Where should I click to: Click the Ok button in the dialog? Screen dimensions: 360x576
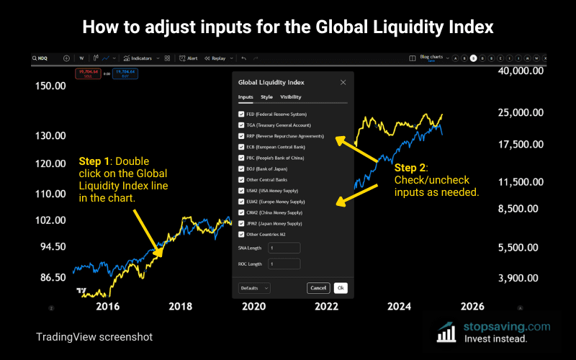tap(340, 288)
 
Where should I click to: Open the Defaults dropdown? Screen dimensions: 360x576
tap(254, 288)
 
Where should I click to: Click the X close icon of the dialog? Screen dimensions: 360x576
tap(342, 83)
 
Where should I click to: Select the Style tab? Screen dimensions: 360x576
tap(266, 96)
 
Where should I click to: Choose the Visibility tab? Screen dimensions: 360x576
tap(291, 96)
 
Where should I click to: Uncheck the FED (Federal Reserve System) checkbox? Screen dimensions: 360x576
tap(241, 114)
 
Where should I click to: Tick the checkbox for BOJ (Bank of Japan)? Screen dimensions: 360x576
tap(241, 169)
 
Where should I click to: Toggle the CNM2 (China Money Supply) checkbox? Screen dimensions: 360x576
tap(241, 212)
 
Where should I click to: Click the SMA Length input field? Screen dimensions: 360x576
tap(284, 248)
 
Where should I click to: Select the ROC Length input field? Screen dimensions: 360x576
tap(284, 264)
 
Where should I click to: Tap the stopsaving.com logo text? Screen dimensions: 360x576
tap(507, 326)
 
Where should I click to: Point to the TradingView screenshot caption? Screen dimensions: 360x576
tap(94, 336)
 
